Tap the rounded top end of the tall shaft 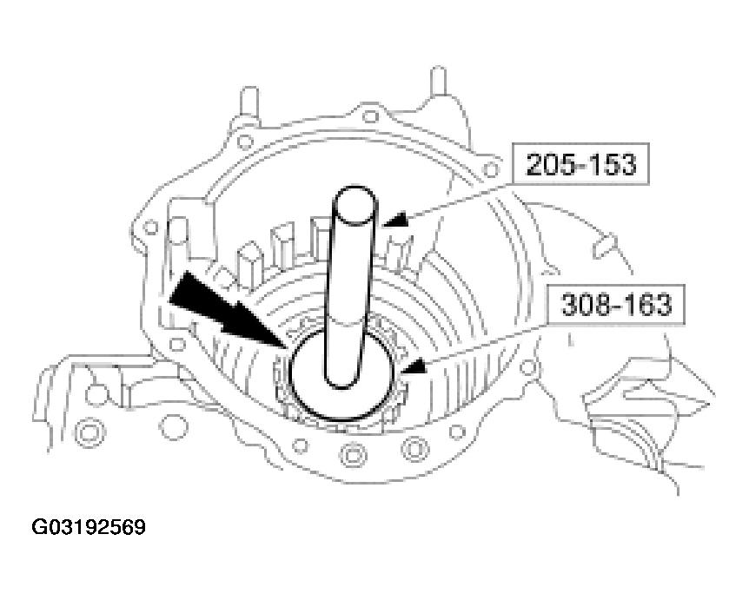tap(355, 195)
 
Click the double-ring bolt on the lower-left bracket tap(88, 432)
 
